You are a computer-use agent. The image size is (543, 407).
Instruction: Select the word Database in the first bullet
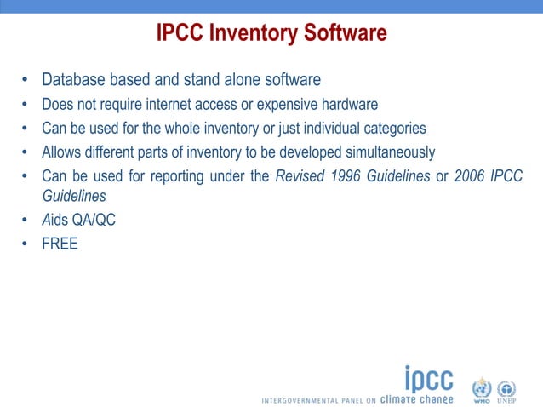coord(77,81)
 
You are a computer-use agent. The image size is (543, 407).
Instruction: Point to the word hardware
coord(350,105)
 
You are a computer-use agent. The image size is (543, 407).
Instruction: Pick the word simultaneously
coord(384,152)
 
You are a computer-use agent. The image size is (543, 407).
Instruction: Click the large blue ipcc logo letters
coord(428,378)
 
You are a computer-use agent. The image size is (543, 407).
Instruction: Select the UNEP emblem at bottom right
coord(506,389)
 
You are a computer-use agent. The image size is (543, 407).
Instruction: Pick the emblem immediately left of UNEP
coord(482,389)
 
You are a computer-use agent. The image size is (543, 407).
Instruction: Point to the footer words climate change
coord(416,398)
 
